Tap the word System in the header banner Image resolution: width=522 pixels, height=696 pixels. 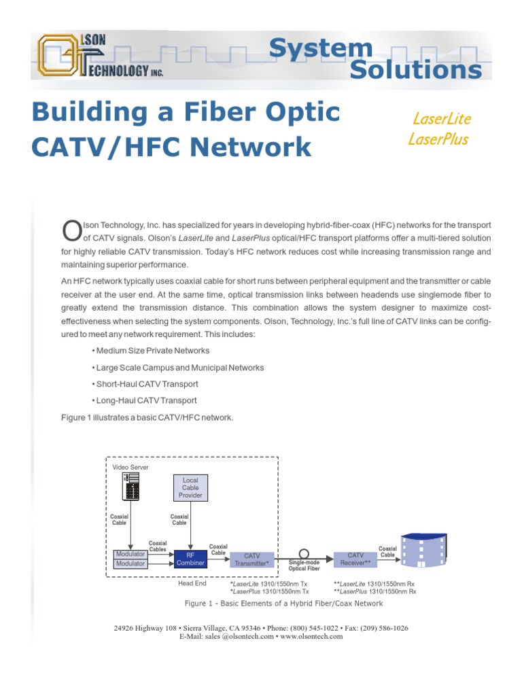[x=320, y=48]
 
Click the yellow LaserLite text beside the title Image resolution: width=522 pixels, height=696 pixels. [x=441, y=118]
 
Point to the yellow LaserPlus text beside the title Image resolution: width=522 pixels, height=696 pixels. [x=438, y=139]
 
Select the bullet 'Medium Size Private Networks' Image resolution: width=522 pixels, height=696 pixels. [x=150, y=351]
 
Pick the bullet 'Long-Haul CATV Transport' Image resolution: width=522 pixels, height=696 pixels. [x=143, y=401]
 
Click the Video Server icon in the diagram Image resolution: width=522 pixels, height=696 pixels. [x=131, y=487]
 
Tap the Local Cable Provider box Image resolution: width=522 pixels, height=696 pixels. [x=190, y=487]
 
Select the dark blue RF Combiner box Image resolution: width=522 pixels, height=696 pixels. [x=190, y=559]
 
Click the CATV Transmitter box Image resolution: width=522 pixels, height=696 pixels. [x=251, y=559]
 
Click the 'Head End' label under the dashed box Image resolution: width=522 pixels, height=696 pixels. [x=192, y=583]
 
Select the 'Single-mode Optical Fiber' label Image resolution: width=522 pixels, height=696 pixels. [x=304, y=565]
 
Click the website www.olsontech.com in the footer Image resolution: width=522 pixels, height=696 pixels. [x=311, y=637]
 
